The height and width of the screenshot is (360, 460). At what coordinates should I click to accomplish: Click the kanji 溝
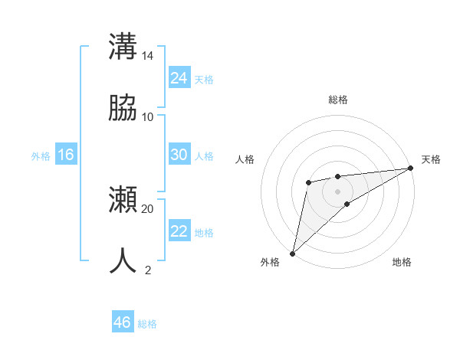123,46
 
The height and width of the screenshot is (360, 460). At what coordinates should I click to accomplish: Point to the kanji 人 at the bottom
123,260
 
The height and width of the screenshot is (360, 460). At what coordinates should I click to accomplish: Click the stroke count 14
147,56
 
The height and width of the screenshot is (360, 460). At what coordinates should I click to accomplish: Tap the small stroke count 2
148,270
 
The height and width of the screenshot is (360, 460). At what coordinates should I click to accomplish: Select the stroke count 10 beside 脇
147,117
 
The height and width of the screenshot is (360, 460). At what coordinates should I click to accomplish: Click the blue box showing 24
179,78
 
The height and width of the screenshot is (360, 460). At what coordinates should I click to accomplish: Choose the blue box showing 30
179,155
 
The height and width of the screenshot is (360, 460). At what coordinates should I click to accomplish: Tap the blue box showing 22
179,231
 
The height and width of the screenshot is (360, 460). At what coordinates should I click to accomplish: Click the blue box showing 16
66,155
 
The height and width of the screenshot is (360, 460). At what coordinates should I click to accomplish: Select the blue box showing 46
123,322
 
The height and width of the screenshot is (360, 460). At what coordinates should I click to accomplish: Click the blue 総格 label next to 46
147,324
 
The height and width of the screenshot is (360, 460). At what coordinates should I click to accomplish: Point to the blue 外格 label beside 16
41,156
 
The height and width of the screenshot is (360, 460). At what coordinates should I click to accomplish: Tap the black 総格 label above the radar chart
337,100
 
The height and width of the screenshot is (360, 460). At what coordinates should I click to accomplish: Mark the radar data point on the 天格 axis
410,169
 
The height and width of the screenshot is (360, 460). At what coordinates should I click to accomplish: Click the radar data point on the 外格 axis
292,253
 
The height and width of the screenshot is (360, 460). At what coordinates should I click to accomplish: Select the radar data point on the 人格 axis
308,182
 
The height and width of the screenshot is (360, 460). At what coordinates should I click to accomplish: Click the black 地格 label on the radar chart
402,263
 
